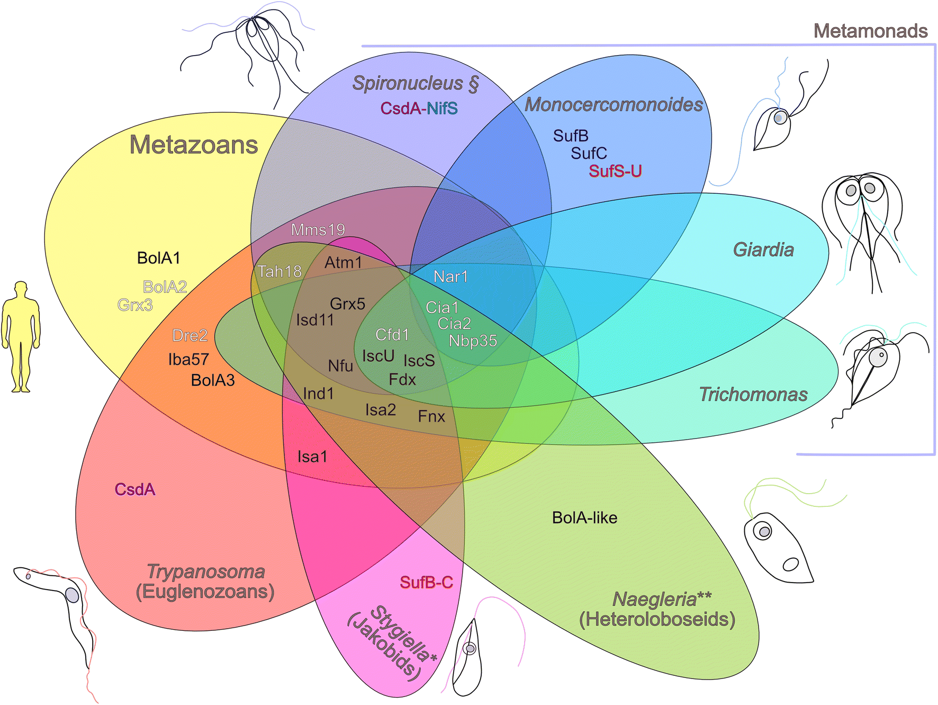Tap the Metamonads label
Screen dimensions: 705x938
coord(870,31)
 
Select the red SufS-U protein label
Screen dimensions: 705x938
coord(615,171)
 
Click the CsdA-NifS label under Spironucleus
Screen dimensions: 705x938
coord(419,109)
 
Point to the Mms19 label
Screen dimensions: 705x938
coord(318,230)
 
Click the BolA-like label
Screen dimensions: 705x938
coord(584,517)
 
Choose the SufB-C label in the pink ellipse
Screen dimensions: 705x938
coord(426,583)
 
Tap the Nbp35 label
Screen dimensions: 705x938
coord(473,341)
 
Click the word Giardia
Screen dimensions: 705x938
coord(763,249)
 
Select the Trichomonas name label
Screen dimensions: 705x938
coord(753,395)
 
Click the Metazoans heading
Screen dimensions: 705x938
coord(194,145)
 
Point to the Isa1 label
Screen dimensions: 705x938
coord(312,457)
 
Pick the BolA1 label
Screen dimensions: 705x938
coord(158,258)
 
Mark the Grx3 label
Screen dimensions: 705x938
coord(135,305)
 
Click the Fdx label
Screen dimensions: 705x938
coord(402,379)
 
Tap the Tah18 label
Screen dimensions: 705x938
coord(279,272)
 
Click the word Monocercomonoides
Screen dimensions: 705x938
coord(614,104)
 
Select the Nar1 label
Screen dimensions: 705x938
coord(450,276)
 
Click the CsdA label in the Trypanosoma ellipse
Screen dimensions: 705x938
coord(135,489)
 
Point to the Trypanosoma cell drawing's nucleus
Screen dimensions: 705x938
coord(72,595)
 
